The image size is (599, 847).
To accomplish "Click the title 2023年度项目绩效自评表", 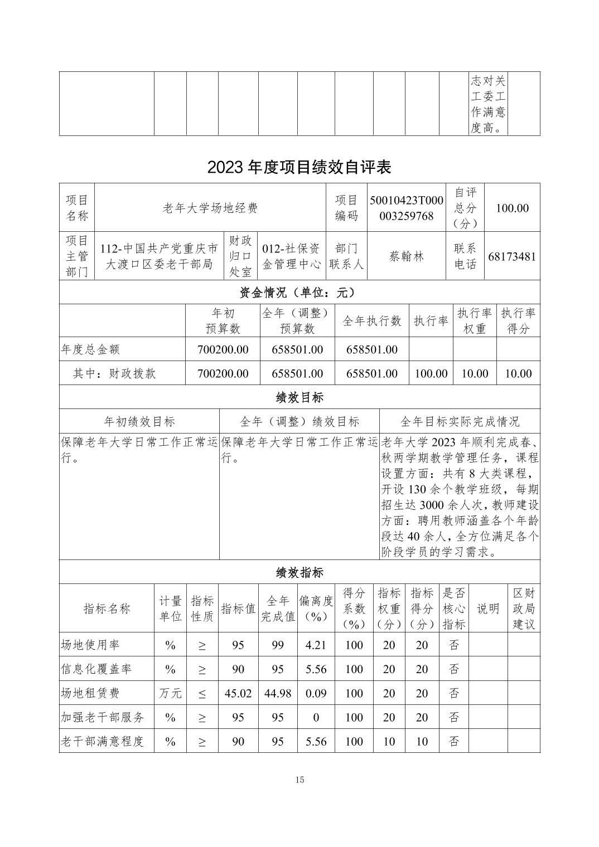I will [299, 167].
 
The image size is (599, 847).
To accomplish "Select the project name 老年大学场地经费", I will [210, 208].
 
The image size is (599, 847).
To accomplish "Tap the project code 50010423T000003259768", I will [406, 208].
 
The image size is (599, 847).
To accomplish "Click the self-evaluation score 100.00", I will [512, 208].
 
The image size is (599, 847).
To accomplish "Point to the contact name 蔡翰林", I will [406, 256].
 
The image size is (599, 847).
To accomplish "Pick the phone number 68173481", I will [512, 256].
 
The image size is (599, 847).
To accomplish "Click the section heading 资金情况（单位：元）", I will [299, 293].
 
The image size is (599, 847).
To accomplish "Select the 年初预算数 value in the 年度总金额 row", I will [223, 349].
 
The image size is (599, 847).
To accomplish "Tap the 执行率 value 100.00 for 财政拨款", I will [431, 373].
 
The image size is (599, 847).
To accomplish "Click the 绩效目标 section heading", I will [299, 397].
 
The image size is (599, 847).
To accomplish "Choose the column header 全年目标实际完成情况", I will [460, 421].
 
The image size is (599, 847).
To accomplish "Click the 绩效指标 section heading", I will [299, 572].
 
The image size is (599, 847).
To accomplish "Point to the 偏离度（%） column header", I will [316, 609].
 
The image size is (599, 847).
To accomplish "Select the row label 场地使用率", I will [90, 645].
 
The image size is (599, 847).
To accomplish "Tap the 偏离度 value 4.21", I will [316, 645].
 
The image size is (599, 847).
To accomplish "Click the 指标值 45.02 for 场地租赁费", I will [238, 693].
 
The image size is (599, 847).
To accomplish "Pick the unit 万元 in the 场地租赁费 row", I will [170, 693].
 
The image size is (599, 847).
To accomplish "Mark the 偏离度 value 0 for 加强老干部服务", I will [316, 717].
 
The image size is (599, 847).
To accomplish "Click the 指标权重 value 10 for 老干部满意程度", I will [389, 741].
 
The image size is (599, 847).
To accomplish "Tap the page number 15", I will [300, 780].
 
